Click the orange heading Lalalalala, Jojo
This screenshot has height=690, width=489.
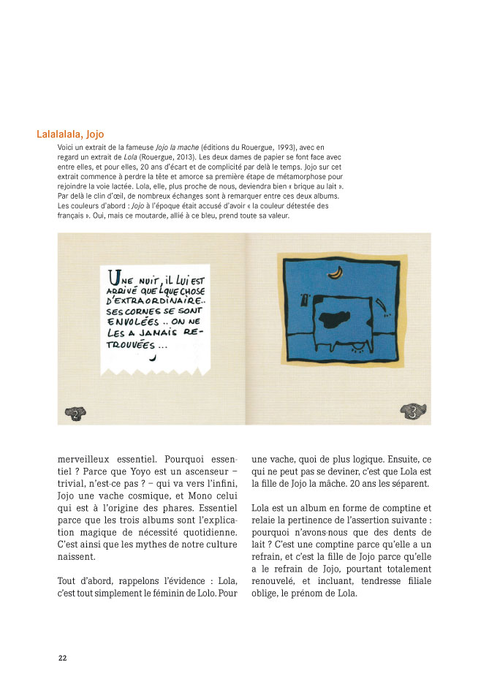click(x=70, y=134)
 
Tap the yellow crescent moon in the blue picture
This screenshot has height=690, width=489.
click(x=336, y=272)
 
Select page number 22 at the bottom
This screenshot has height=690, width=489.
click(x=63, y=658)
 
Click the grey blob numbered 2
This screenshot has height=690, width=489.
click(x=75, y=413)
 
